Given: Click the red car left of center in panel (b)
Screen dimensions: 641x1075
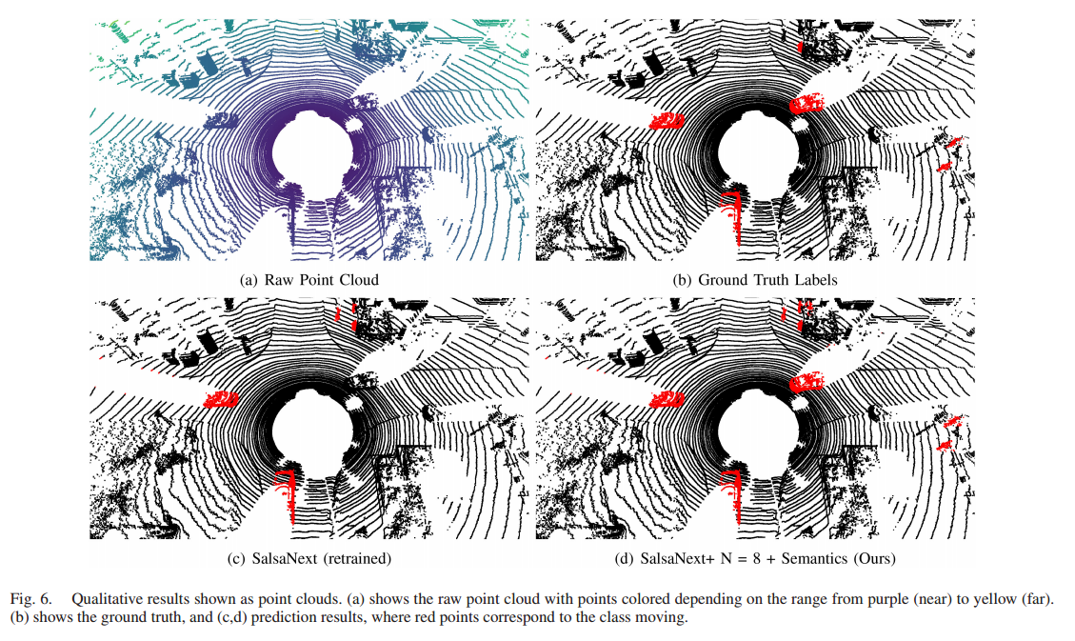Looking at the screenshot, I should [x=667, y=119].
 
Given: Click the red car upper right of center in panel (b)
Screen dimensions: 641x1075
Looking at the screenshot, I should [x=807, y=102].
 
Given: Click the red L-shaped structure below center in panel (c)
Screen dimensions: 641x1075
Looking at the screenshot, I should [x=287, y=490].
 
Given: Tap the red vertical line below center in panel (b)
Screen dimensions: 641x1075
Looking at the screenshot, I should [x=735, y=210].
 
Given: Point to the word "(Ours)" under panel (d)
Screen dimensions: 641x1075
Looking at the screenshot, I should [x=873, y=558].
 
